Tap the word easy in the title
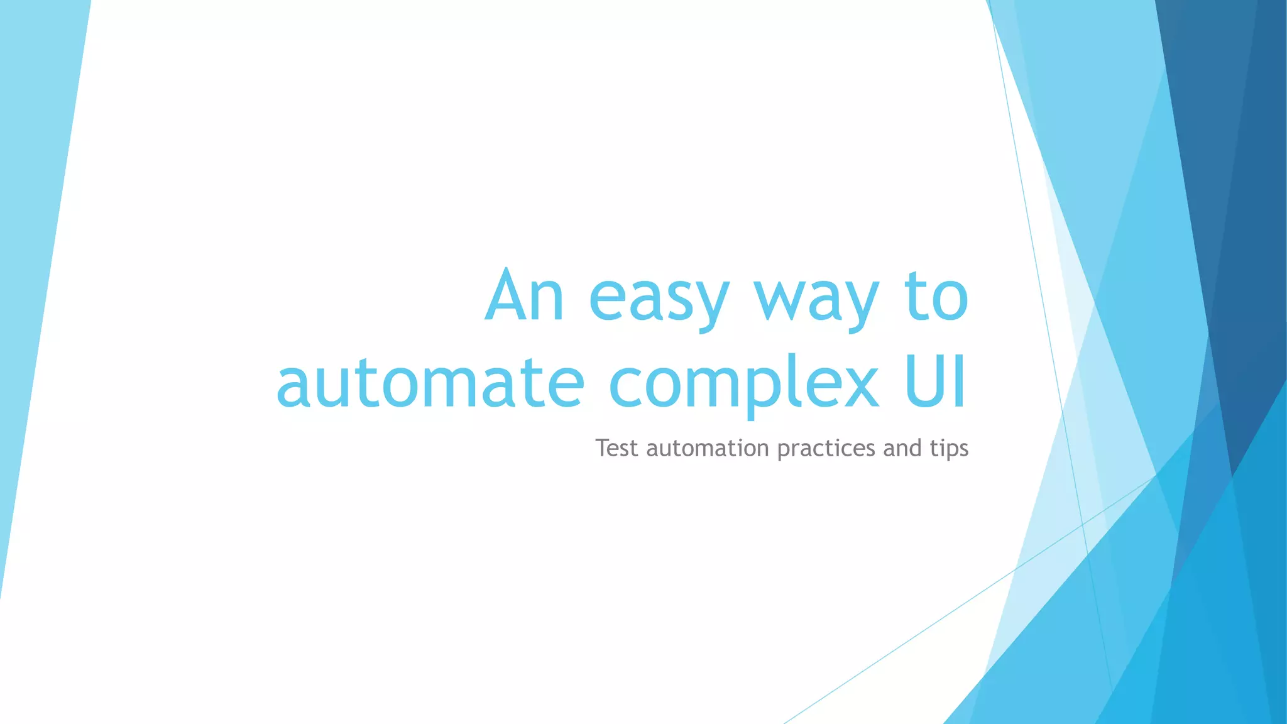tap(659, 300)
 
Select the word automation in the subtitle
tap(708, 449)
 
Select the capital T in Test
tap(603, 448)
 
